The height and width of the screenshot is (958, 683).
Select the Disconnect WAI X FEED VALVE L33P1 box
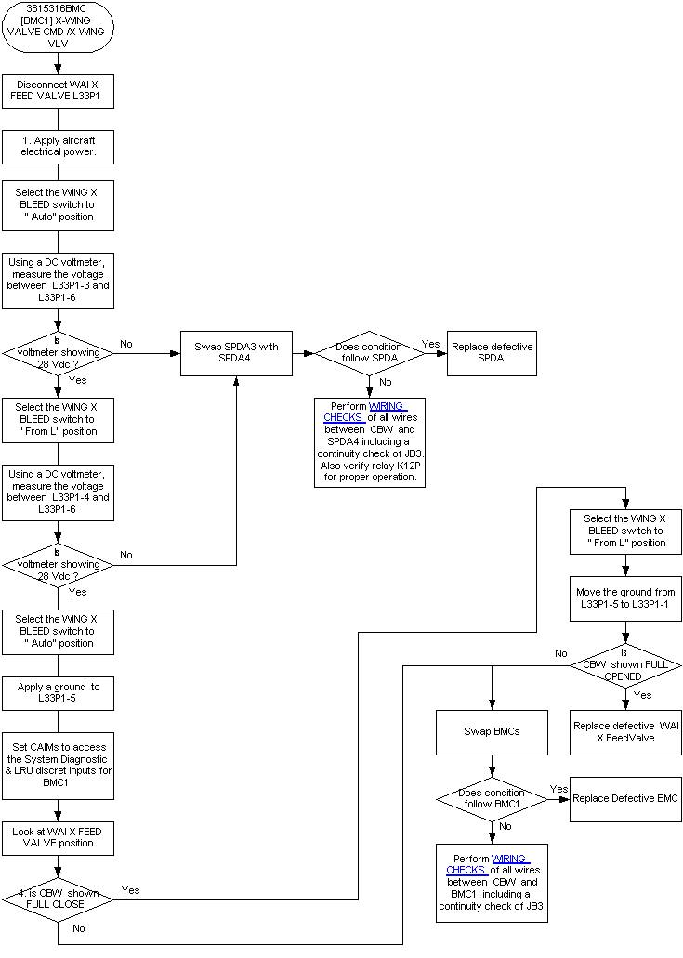click(58, 90)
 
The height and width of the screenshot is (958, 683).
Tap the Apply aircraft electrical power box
click(58, 146)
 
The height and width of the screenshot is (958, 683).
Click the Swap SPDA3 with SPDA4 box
click(236, 353)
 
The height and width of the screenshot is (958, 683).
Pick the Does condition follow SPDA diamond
click(369, 353)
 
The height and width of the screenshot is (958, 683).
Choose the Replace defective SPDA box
click(492, 353)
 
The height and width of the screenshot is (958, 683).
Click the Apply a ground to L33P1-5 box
click(58, 692)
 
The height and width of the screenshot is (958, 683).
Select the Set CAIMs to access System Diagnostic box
click(58, 765)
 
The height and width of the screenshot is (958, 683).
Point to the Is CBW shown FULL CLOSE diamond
click(58, 899)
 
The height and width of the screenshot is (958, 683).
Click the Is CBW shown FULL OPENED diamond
click(625, 664)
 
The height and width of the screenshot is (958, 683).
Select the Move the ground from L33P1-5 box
click(625, 598)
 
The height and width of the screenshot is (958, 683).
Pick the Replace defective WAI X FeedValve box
click(625, 731)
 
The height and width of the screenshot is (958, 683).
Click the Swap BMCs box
click(492, 731)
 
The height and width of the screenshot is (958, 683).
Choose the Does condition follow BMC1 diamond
click(492, 799)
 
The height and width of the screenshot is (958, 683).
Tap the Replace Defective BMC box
click(625, 799)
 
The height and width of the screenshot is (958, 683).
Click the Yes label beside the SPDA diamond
click(430, 344)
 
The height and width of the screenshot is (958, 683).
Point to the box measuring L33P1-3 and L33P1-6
click(58, 280)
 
